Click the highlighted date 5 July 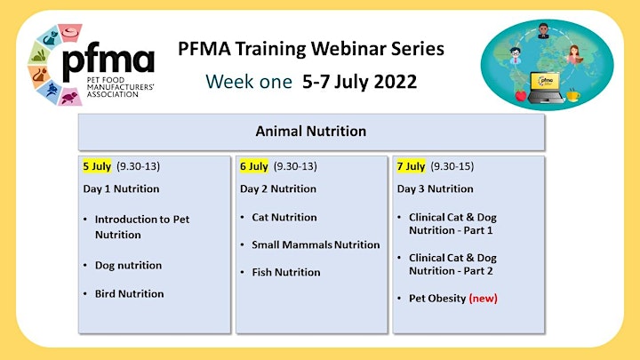[x=97, y=166]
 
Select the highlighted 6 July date [x=254, y=166]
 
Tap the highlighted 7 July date [x=411, y=166]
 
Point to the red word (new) [x=484, y=299]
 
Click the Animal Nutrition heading [x=311, y=131]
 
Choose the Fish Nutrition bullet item [x=286, y=272]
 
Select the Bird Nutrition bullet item [x=130, y=294]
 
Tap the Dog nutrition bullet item [x=129, y=265]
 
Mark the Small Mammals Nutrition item [x=316, y=245]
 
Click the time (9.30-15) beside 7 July [x=452, y=166]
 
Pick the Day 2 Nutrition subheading [x=278, y=188]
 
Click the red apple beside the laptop [x=521, y=95]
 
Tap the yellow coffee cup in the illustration [x=572, y=95]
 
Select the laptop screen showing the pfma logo [x=546, y=81]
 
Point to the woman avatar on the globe [x=574, y=55]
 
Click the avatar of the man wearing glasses [x=516, y=55]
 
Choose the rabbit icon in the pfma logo [x=39, y=55]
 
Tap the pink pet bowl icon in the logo [x=70, y=33]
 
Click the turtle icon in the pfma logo [x=69, y=97]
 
